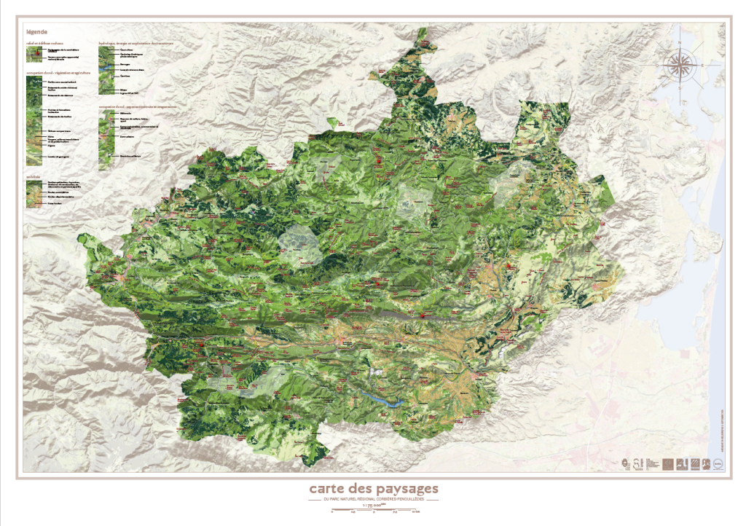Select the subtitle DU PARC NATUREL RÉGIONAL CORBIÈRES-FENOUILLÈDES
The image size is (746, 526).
coord(373,500)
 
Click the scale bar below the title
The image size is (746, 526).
coord(373,511)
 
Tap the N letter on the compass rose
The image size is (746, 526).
coord(680,43)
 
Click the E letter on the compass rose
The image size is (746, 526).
coord(703,66)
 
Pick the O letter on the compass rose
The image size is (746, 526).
coord(657,66)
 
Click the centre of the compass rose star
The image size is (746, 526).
coord(680,66)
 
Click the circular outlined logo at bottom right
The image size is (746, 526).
coord(718,463)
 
